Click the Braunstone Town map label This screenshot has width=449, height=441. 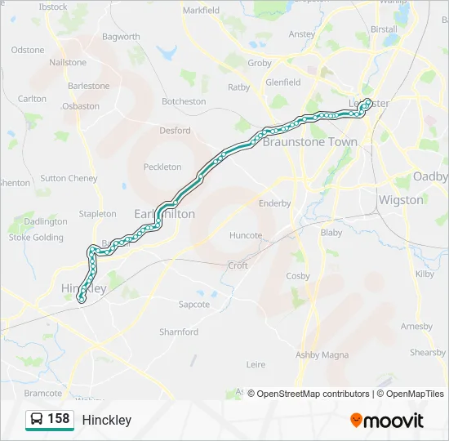click(309, 141)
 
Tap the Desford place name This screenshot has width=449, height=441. click(175, 130)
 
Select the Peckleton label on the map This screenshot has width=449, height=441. click(162, 167)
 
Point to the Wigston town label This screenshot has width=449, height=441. click(401, 199)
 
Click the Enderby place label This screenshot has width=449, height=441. click(274, 203)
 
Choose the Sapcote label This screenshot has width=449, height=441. click(194, 305)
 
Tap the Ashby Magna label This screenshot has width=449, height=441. click(322, 354)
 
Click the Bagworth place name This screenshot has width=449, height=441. click(122, 37)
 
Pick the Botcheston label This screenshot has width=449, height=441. click(184, 101)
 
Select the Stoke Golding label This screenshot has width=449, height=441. click(36, 238)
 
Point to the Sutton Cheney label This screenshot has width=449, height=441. click(69, 178)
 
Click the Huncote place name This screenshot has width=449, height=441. click(246, 235)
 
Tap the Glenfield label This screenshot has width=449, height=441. click(283, 82)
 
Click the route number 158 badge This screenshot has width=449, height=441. click(58, 419)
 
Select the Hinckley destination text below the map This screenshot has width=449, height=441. click(106, 420)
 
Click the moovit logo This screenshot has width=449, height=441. click(387, 420)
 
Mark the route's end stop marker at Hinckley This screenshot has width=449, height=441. click(82, 300)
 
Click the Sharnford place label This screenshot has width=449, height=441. click(179, 332)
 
